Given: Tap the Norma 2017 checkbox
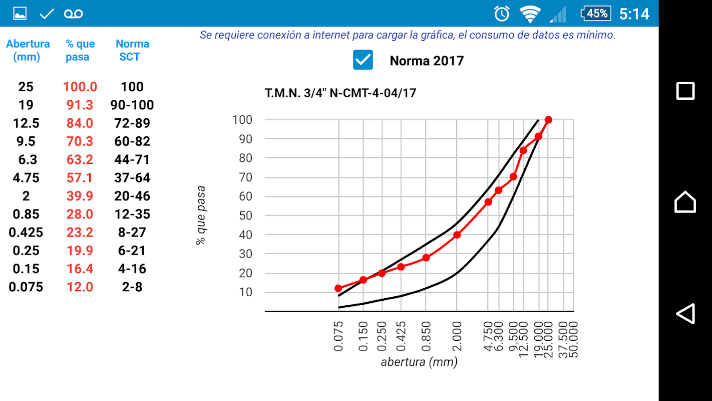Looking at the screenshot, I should click(x=363, y=60).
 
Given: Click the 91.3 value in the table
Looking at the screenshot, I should click(x=80, y=105).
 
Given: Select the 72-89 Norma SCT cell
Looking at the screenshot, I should click(x=132, y=123).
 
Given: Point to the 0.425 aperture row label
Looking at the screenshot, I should click(x=26, y=233).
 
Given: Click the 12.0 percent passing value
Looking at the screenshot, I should click(x=80, y=287).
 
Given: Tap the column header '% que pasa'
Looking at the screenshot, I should click(x=80, y=50).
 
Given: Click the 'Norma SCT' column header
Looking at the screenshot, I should click(x=132, y=50).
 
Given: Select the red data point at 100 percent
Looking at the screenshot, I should click(x=548, y=120).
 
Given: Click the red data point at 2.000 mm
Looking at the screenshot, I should click(x=457, y=235).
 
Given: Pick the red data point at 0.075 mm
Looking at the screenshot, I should click(x=338, y=288).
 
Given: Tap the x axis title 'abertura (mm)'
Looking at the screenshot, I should click(x=419, y=362).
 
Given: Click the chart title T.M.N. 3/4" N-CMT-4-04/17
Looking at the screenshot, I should click(x=340, y=93).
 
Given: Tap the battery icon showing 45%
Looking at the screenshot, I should click(x=595, y=14).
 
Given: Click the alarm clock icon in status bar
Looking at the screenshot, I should click(x=502, y=14).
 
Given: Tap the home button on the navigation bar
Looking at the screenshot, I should click(x=685, y=202).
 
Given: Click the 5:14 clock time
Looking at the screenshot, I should click(x=634, y=14).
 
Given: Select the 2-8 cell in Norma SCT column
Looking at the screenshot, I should click(x=132, y=287).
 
